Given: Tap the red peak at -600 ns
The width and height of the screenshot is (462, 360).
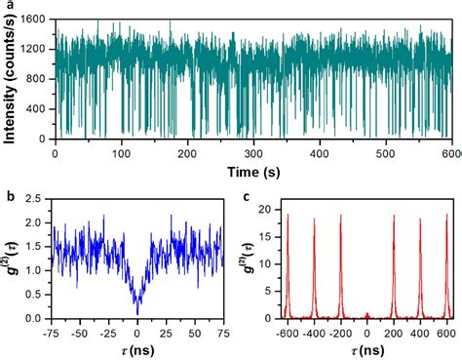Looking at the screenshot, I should (288, 217).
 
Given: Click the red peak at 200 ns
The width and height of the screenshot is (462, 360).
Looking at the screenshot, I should (394, 217).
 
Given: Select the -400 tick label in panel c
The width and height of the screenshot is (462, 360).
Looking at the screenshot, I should (314, 330).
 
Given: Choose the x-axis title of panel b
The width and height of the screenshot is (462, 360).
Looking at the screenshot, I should (137, 346).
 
